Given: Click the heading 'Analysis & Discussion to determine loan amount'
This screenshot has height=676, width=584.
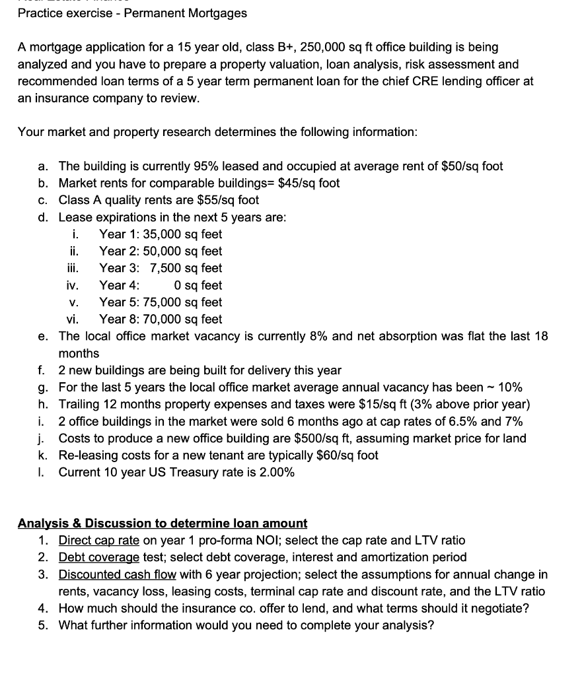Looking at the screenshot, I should point(163,524).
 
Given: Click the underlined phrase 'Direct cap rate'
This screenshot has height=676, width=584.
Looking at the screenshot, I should point(99,541).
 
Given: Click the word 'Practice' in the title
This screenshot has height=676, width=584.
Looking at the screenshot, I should point(40,13).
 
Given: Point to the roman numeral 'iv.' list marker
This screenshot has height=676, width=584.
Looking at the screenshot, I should point(73,286).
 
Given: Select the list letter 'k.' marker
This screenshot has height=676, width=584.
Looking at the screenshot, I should point(43,456).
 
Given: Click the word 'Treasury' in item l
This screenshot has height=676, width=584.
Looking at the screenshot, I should point(217,473).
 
